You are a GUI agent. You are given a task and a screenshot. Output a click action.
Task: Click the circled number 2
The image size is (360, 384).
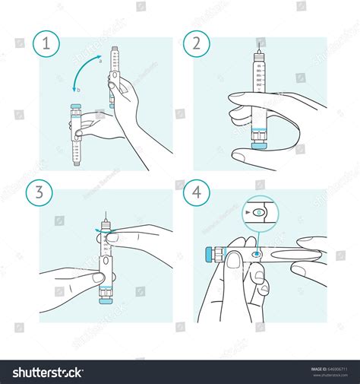[201, 44]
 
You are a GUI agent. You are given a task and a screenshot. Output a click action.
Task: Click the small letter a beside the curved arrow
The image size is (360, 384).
[99, 62]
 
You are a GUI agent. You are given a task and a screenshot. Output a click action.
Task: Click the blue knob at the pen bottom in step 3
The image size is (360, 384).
[106, 300]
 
